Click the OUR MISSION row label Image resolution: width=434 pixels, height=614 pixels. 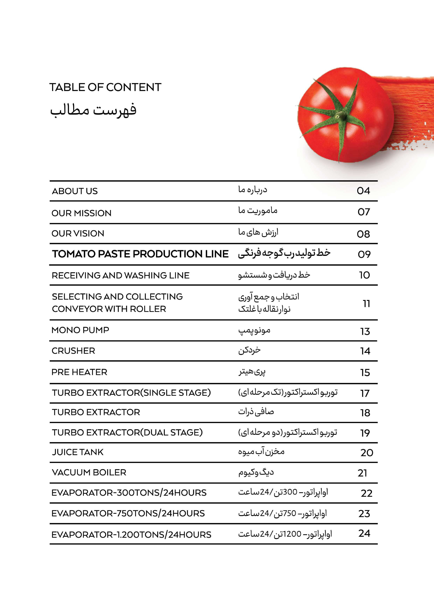(x=81, y=213)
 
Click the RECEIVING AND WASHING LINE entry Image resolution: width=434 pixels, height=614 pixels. (x=120, y=275)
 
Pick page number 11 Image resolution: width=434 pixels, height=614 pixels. (x=366, y=304)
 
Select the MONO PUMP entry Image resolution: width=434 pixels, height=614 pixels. (x=80, y=330)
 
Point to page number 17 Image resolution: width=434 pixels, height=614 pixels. (x=365, y=393)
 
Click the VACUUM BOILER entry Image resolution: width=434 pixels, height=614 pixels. (x=89, y=473)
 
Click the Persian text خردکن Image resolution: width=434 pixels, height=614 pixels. (x=249, y=350)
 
